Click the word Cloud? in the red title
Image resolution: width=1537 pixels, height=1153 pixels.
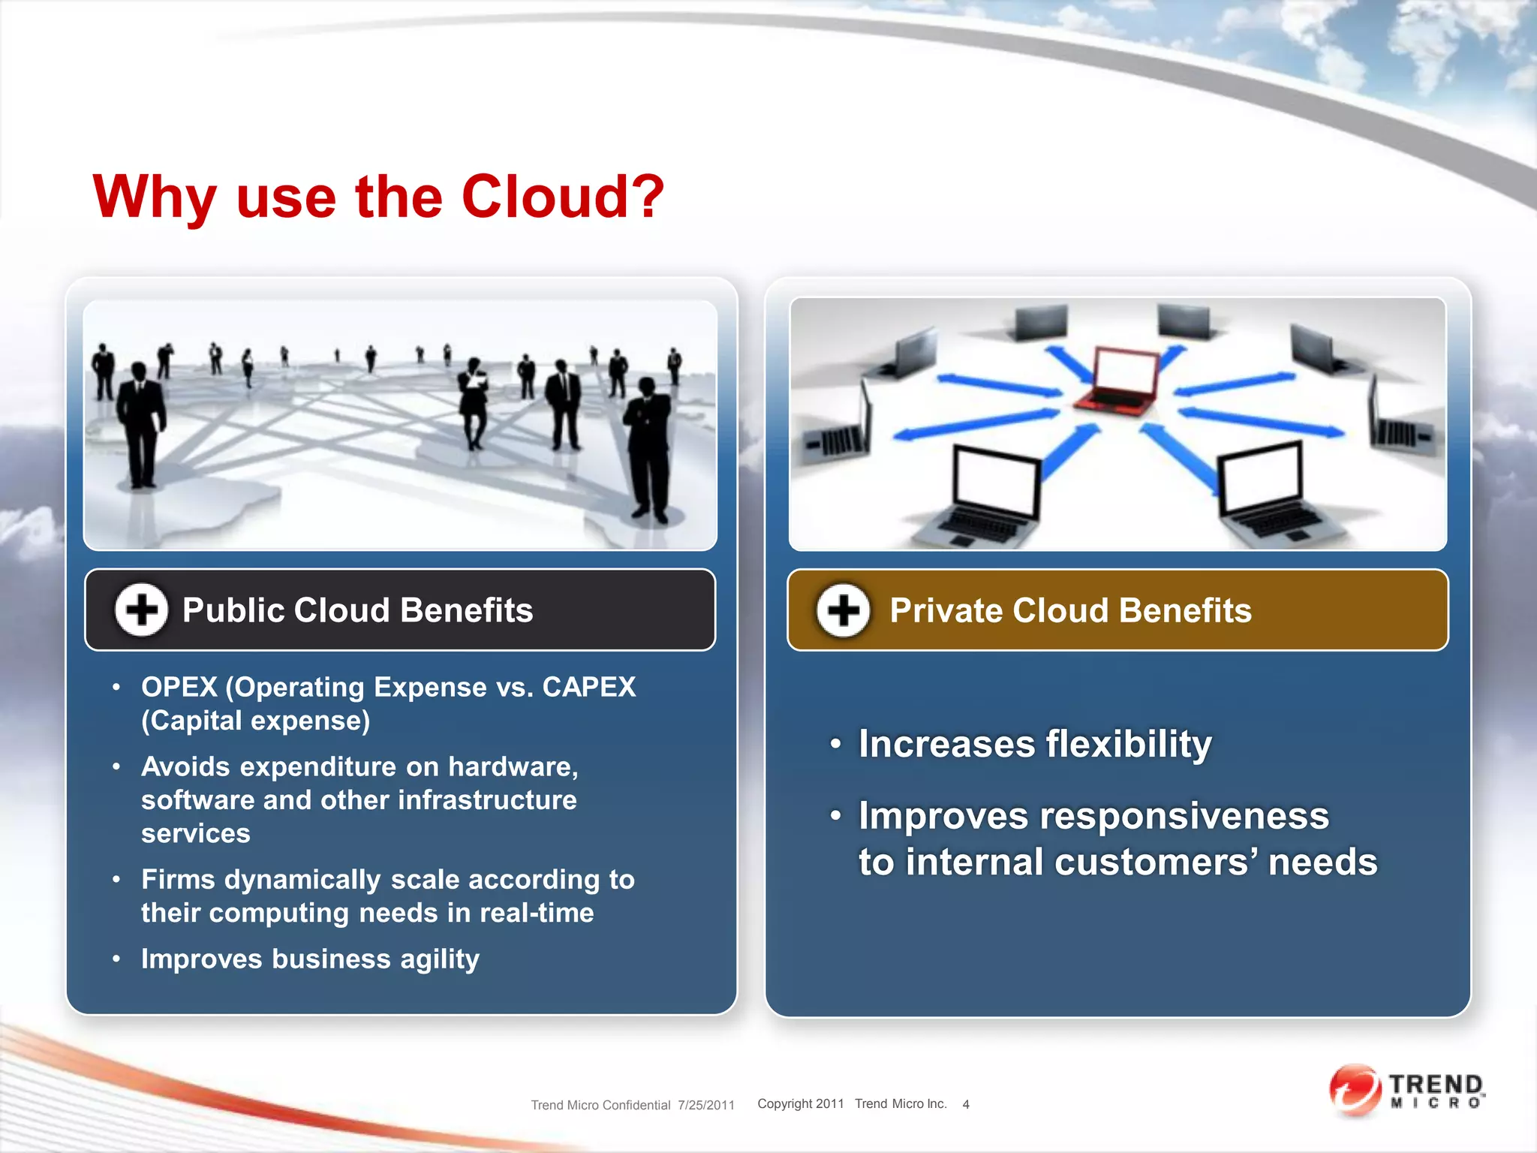tap(562, 197)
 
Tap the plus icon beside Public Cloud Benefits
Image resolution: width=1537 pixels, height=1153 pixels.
tap(141, 610)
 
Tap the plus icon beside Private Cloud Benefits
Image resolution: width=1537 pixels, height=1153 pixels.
tap(844, 610)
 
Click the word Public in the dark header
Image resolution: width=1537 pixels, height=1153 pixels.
tap(233, 610)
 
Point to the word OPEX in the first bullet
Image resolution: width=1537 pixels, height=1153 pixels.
tap(179, 687)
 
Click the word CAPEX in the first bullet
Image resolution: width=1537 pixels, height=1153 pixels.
tap(589, 687)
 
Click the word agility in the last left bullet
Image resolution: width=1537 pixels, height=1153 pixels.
tap(439, 959)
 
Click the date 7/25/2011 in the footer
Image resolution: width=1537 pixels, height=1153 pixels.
tap(706, 1105)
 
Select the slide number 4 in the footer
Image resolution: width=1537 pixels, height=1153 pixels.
tap(966, 1104)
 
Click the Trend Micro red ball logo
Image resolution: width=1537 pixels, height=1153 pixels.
tap(1355, 1090)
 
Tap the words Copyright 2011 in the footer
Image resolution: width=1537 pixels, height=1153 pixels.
tap(801, 1103)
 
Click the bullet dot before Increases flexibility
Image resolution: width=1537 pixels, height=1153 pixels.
tap(835, 744)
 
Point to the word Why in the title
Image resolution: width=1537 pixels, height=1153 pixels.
tap(154, 197)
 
